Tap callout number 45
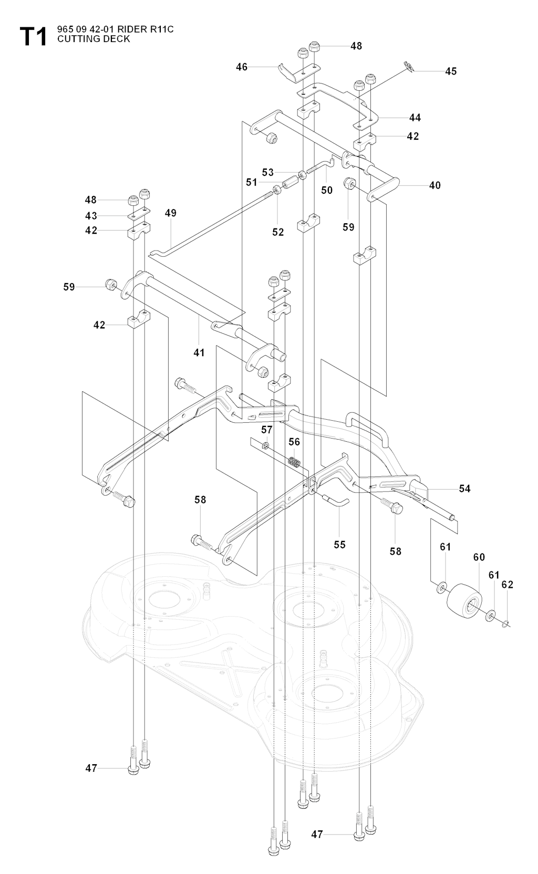click(x=451, y=71)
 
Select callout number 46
click(x=242, y=67)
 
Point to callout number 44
click(x=415, y=117)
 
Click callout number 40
click(x=434, y=185)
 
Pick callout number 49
click(x=170, y=213)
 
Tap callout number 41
click(x=199, y=352)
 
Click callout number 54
click(x=464, y=488)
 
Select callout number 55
click(x=340, y=544)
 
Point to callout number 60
click(x=479, y=557)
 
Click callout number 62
click(x=507, y=585)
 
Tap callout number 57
click(x=267, y=430)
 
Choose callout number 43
click(x=91, y=215)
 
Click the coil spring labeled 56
click(x=296, y=462)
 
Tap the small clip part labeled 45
click(x=408, y=66)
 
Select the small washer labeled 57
click(x=266, y=446)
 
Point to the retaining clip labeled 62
click(x=506, y=623)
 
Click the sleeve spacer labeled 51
click(x=291, y=185)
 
